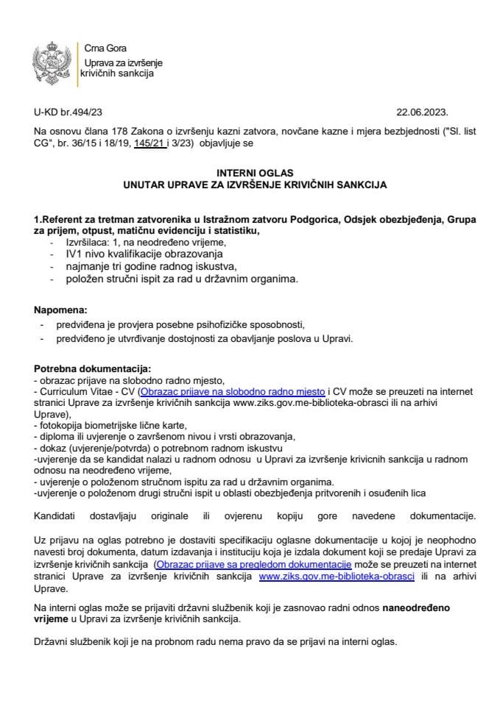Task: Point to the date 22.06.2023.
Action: pos(422,113)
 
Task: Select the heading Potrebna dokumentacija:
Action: pos(92,368)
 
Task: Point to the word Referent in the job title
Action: pos(64,219)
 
